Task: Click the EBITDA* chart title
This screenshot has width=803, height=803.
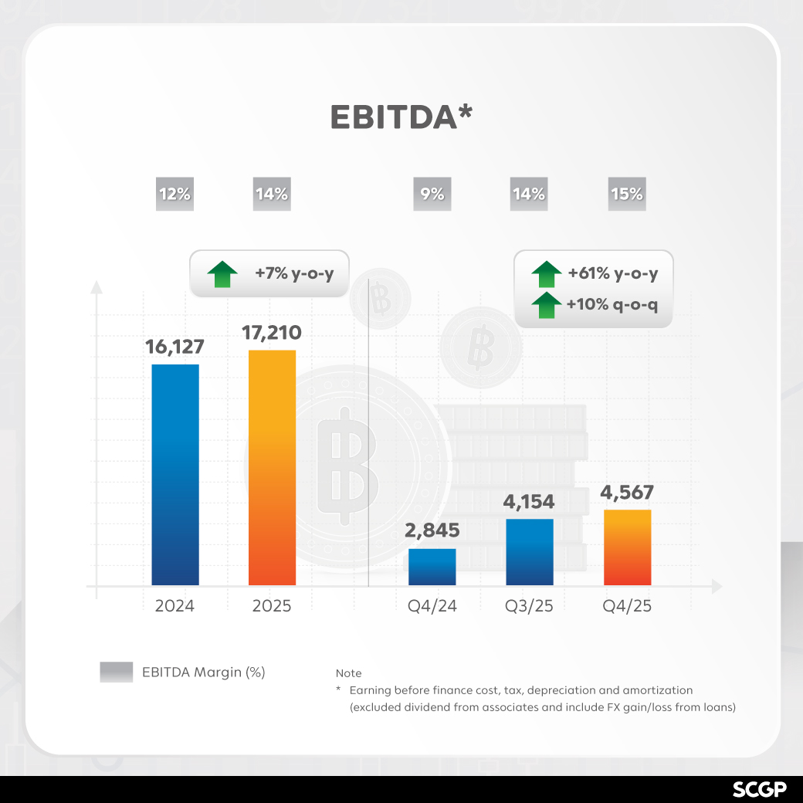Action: click(x=401, y=117)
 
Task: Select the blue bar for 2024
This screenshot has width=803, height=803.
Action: click(x=175, y=474)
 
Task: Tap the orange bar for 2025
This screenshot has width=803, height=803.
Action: click(x=272, y=467)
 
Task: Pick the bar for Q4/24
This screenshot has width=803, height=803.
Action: click(x=432, y=567)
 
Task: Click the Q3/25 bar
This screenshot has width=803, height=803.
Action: click(x=530, y=551)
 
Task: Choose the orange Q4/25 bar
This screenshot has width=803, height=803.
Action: click(x=627, y=547)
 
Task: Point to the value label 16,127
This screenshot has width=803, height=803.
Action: click(x=174, y=346)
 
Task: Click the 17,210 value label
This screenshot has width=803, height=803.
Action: click(x=272, y=333)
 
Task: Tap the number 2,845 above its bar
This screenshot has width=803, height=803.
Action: click(x=432, y=530)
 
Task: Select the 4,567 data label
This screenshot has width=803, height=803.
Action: click(x=627, y=492)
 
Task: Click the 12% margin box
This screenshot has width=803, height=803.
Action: click(x=174, y=195)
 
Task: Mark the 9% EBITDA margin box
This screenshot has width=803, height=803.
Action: click(x=432, y=195)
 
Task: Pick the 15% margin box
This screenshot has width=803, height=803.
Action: click(x=627, y=195)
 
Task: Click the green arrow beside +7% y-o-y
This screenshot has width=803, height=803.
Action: click(x=223, y=274)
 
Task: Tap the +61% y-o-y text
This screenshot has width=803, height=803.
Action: click(x=613, y=273)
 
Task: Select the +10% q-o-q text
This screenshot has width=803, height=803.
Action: click(x=612, y=305)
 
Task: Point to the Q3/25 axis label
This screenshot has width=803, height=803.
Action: click(x=530, y=606)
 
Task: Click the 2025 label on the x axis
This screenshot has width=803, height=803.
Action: click(x=272, y=606)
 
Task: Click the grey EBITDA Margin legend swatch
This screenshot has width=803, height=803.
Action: click(x=117, y=672)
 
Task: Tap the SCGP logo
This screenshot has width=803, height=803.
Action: click(x=760, y=789)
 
